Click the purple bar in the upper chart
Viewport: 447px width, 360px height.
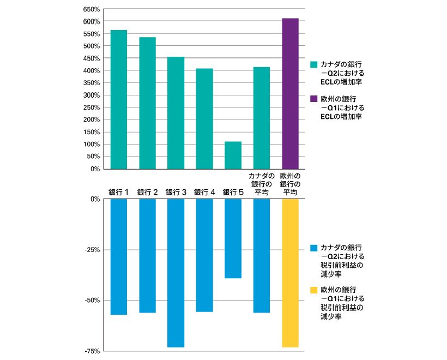[x=290, y=94]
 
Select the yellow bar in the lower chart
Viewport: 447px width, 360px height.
[x=290, y=273]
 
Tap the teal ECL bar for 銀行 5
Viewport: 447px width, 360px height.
[x=233, y=155]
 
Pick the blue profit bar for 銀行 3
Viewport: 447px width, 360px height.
[x=176, y=273]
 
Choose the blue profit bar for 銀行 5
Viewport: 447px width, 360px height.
[x=233, y=238]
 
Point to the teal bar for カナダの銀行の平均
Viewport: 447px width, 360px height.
[x=262, y=118]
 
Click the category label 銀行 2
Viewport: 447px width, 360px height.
[x=147, y=193]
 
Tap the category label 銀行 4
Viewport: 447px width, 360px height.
[x=204, y=193]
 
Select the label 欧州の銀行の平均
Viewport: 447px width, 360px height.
[x=290, y=184]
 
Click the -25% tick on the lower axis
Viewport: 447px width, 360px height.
[x=93, y=250]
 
